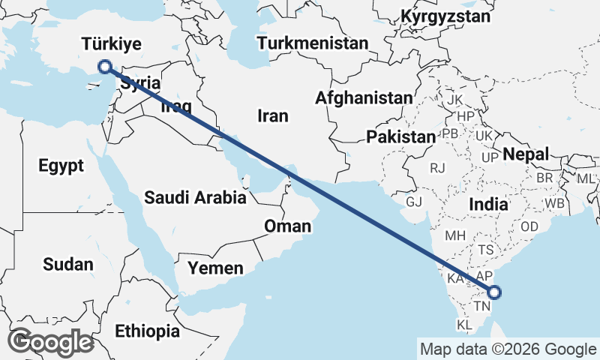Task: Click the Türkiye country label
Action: tap(112, 43)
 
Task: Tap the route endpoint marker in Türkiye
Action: tap(104, 67)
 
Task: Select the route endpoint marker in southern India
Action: tap(493, 292)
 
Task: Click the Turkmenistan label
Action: tap(313, 43)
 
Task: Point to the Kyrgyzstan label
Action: tap(445, 16)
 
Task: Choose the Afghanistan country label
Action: tap(364, 97)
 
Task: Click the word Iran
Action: tap(272, 116)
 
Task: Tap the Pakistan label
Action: tap(400, 137)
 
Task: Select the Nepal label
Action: tap(526, 154)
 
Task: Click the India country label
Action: tap(488, 204)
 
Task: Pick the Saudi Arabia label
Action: tap(195, 198)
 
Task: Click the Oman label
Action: tap(286, 226)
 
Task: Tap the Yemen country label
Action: tap(215, 268)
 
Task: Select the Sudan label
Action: tap(68, 264)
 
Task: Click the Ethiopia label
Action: tap(147, 331)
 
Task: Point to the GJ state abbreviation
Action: tap(414, 202)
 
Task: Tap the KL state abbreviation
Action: tap(465, 325)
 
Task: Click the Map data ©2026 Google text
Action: tap(507, 349)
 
